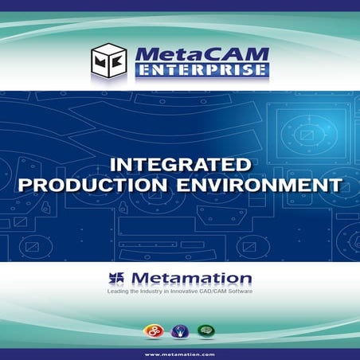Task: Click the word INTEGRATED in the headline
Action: tap(180, 166)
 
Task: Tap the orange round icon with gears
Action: tap(151, 329)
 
